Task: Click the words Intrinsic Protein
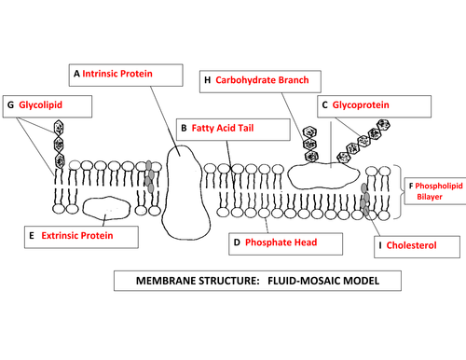(117, 74)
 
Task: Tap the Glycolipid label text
(40, 105)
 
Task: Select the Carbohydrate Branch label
(262, 80)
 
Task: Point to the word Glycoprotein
(361, 105)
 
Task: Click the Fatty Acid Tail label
(223, 128)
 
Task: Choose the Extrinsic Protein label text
(77, 236)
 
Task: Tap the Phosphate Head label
(281, 242)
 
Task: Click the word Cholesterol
(411, 245)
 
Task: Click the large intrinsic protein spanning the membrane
(185, 193)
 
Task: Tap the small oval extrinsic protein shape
(106, 208)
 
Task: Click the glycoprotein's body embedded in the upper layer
(323, 175)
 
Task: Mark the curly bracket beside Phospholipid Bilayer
(399, 192)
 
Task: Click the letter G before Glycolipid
(10, 105)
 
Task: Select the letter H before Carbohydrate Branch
(207, 80)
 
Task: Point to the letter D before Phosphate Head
(237, 242)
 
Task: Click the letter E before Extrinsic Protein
(32, 236)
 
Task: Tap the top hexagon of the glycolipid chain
(59, 128)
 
